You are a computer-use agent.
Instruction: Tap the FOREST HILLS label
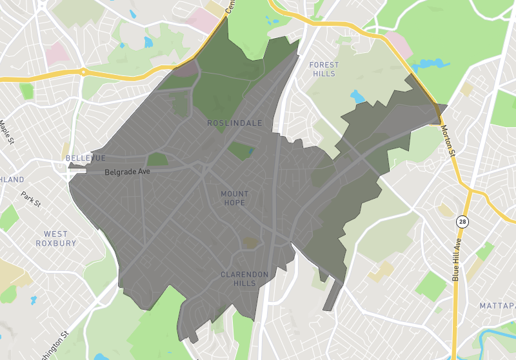[x=323, y=69]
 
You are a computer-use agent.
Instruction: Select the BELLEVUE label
[x=85, y=158]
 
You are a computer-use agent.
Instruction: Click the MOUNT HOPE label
[x=234, y=198]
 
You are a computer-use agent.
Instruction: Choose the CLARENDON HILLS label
[x=244, y=279]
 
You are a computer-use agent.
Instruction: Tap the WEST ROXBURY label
[x=60, y=239]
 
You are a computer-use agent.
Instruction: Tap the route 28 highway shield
[x=462, y=222]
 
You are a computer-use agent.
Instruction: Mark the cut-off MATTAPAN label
[x=497, y=305]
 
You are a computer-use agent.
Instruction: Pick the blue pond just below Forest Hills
[x=357, y=97]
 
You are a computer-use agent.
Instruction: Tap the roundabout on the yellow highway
[x=84, y=72]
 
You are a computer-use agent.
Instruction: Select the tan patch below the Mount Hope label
[x=250, y=242]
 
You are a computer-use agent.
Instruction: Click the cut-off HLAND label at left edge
[x=12, y=179]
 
